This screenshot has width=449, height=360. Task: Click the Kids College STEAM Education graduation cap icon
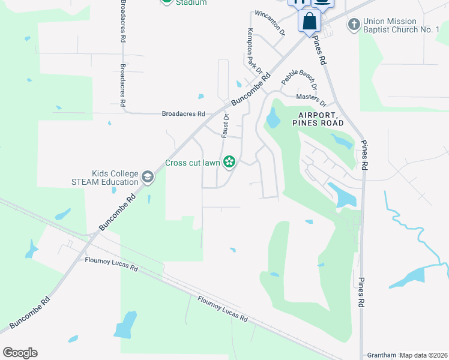[148, 177]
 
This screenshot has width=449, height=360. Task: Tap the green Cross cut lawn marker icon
[229, 161]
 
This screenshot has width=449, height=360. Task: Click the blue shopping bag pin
[310, 21]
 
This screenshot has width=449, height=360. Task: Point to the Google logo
[20, 353]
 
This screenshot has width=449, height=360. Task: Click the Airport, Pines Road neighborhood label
[318, 119]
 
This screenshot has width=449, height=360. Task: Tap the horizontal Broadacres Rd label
[183, 113]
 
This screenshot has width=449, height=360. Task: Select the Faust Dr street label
[226, 126]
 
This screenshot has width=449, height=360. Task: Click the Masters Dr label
[310, 98]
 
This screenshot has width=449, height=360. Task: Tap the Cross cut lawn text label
[192, 163]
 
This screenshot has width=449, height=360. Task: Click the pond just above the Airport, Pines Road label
[273, 119]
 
